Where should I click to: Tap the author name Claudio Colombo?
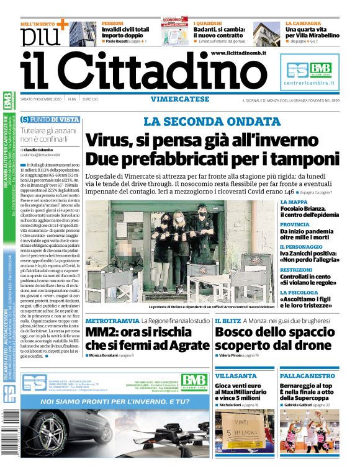pos(38,149)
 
